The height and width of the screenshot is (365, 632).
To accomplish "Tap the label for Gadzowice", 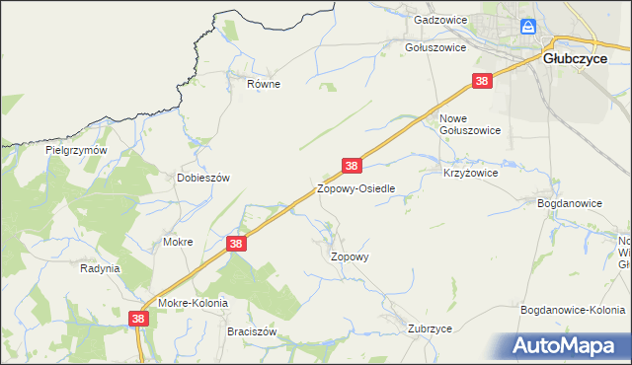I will pyautogui.click(x=439, y=20).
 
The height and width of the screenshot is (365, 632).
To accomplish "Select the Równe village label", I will pyautogui.click(x=264, y=84).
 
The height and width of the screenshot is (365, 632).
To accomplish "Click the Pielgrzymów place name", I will pyautogui.click(x=76, y=151).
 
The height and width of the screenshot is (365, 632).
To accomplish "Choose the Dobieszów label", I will pyautogui.click(x=202, y=178).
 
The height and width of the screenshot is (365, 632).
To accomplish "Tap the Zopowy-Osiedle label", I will pyautogui.click(x=356, y=187).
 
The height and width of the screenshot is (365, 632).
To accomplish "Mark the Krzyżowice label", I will pyautogui.click(x=470, y=172).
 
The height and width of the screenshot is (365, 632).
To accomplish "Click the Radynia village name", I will pyautogui.click(x=100, y=267).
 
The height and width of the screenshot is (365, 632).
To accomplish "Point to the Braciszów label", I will pyautogui.click(x=251, y=332).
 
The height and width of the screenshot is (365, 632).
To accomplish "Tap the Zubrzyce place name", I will pyautogui.click(x=430, y=328).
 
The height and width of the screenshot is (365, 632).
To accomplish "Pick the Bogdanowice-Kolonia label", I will pyautogui.click(x=573, y=310).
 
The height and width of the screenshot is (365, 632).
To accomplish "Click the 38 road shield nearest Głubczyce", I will pyautogui.click(x=482, y=81).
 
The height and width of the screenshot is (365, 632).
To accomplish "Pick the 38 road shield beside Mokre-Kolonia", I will pyautogui.click(x=139, y=319).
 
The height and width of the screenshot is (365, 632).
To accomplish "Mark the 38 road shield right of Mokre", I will pyautogui.click(x=235, y=243).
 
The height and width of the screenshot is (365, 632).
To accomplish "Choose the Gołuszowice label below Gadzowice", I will pyautogui.click(x=435, y=46).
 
